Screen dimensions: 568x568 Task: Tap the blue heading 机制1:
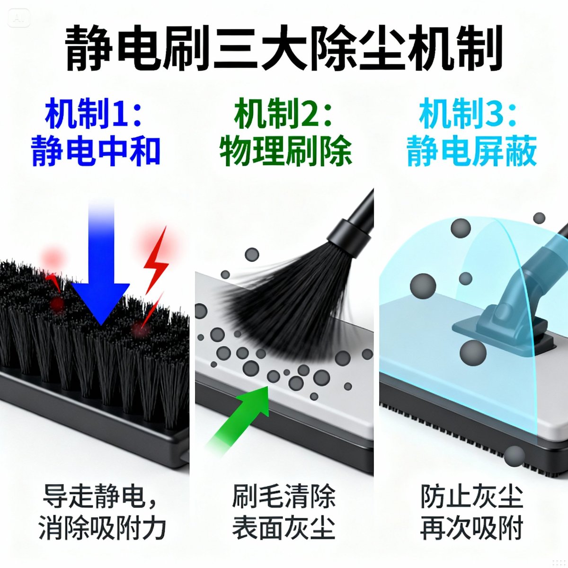pos(94,114)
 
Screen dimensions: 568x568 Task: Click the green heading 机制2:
pos(284,114)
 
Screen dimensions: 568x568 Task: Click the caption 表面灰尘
pos(284,528)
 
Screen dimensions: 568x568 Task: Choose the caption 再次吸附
pos(472,528)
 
